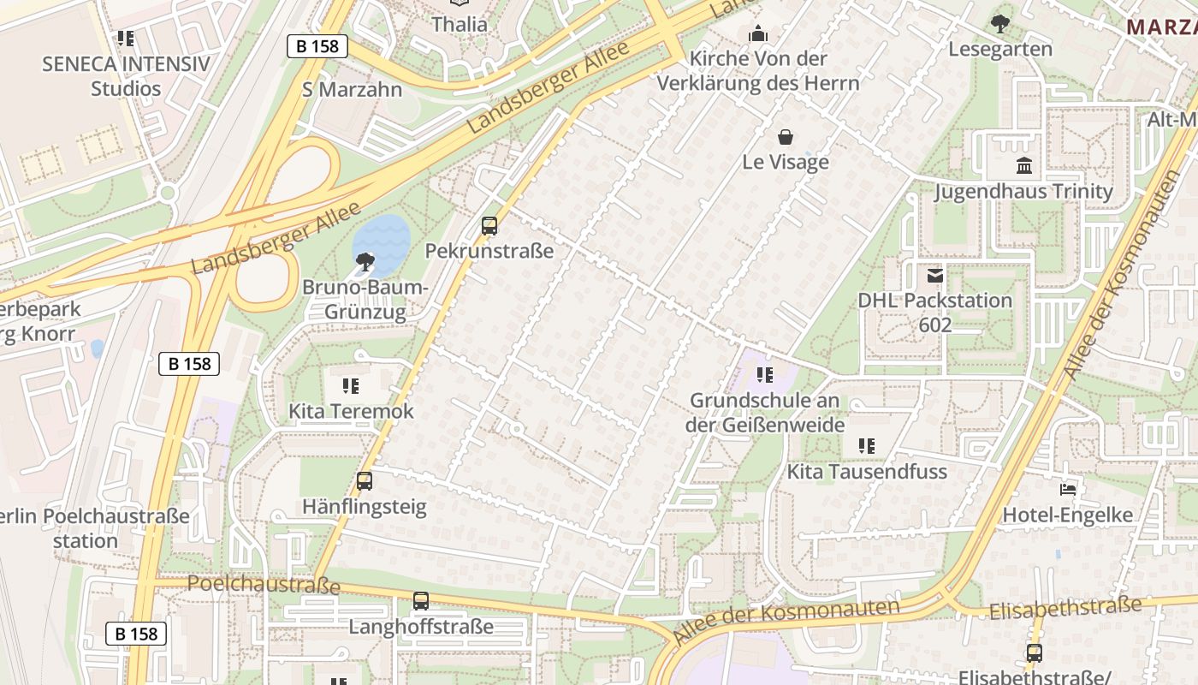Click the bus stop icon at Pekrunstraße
pyautogui.click(x=489, y=226)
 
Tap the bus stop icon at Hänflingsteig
pyautogui.click(x=365, y=481)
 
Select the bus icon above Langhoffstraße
pyautogui.click(x=420, y=601)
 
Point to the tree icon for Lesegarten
pyautogui.click(x=999, y=24)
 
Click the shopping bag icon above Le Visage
pyautogui.click(x=785, y=137)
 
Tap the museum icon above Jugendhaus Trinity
pyautogui.click(x=1023, y=166)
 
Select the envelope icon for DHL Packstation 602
pyautogui.click(x=935, y=276)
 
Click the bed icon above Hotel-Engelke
pyautogui.click(x=1068, y=490)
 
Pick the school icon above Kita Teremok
pyautogui.click(x=350, y=386)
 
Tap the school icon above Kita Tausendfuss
pyautogui.click(x=867, y=446)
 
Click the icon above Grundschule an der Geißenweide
pyautogui.click(x=765, y=375)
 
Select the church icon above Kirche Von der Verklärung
pyautogui.click(x=757, y=34)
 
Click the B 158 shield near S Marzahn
pyautogui.click(x=317, y=46)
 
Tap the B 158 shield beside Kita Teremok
pyautogui.click(x=189, y=364)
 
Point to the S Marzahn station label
pyautogui.click(x=352, y=89)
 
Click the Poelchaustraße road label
pyautogui.click(x=264, y=584)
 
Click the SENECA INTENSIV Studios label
pyautogui.click(x=126, y=76)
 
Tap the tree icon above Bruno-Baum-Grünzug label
pyautogui.click(x=365, y=261)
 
